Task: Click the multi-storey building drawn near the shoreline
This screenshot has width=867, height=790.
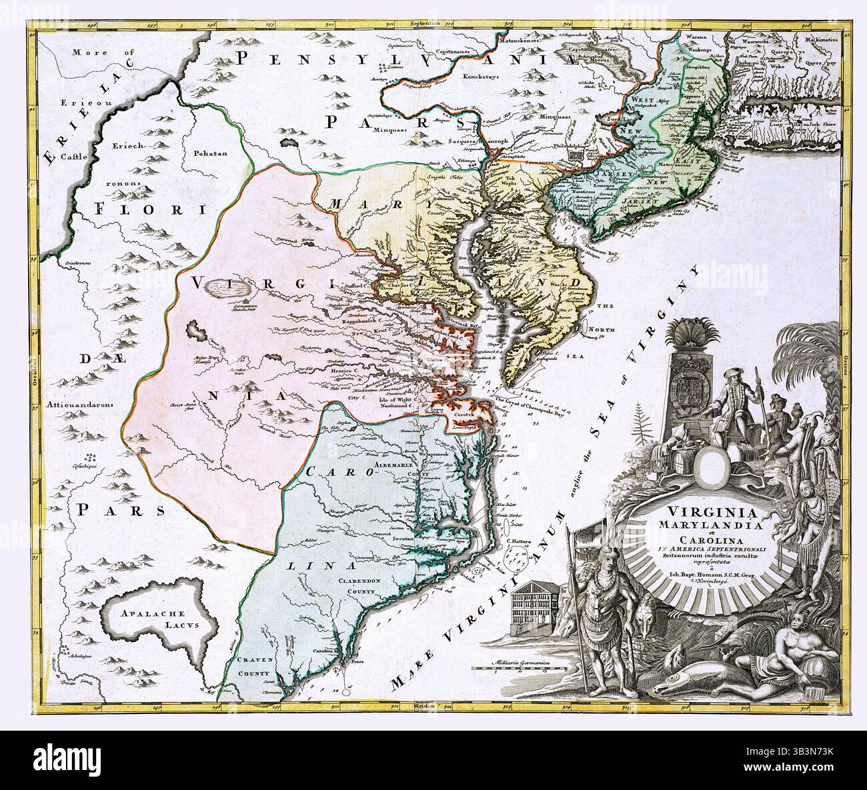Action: click(x=534, y=603)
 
